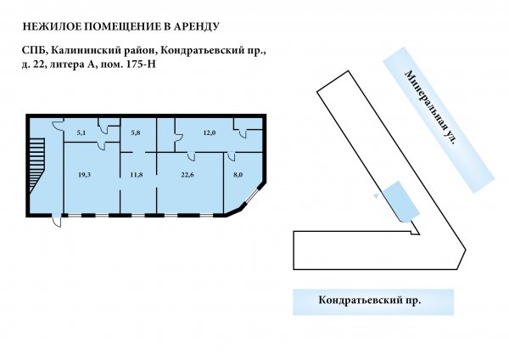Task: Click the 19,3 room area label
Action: [84, 175]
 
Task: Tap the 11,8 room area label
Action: [137, 175]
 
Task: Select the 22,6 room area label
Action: [187, 175]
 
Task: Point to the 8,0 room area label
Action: [238, 175]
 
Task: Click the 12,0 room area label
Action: [210, 132]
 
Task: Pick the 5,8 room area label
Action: [136, 132]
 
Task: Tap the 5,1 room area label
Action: [81, 132]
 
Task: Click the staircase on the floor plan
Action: [36, 166]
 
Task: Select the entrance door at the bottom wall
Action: [57, 220]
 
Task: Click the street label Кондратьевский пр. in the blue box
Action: [370, 300]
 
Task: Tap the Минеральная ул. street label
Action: [432, 107]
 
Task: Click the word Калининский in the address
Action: [87, 51]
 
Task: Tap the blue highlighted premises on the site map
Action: [401, 201]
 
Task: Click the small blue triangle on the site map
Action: [376, 195]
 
